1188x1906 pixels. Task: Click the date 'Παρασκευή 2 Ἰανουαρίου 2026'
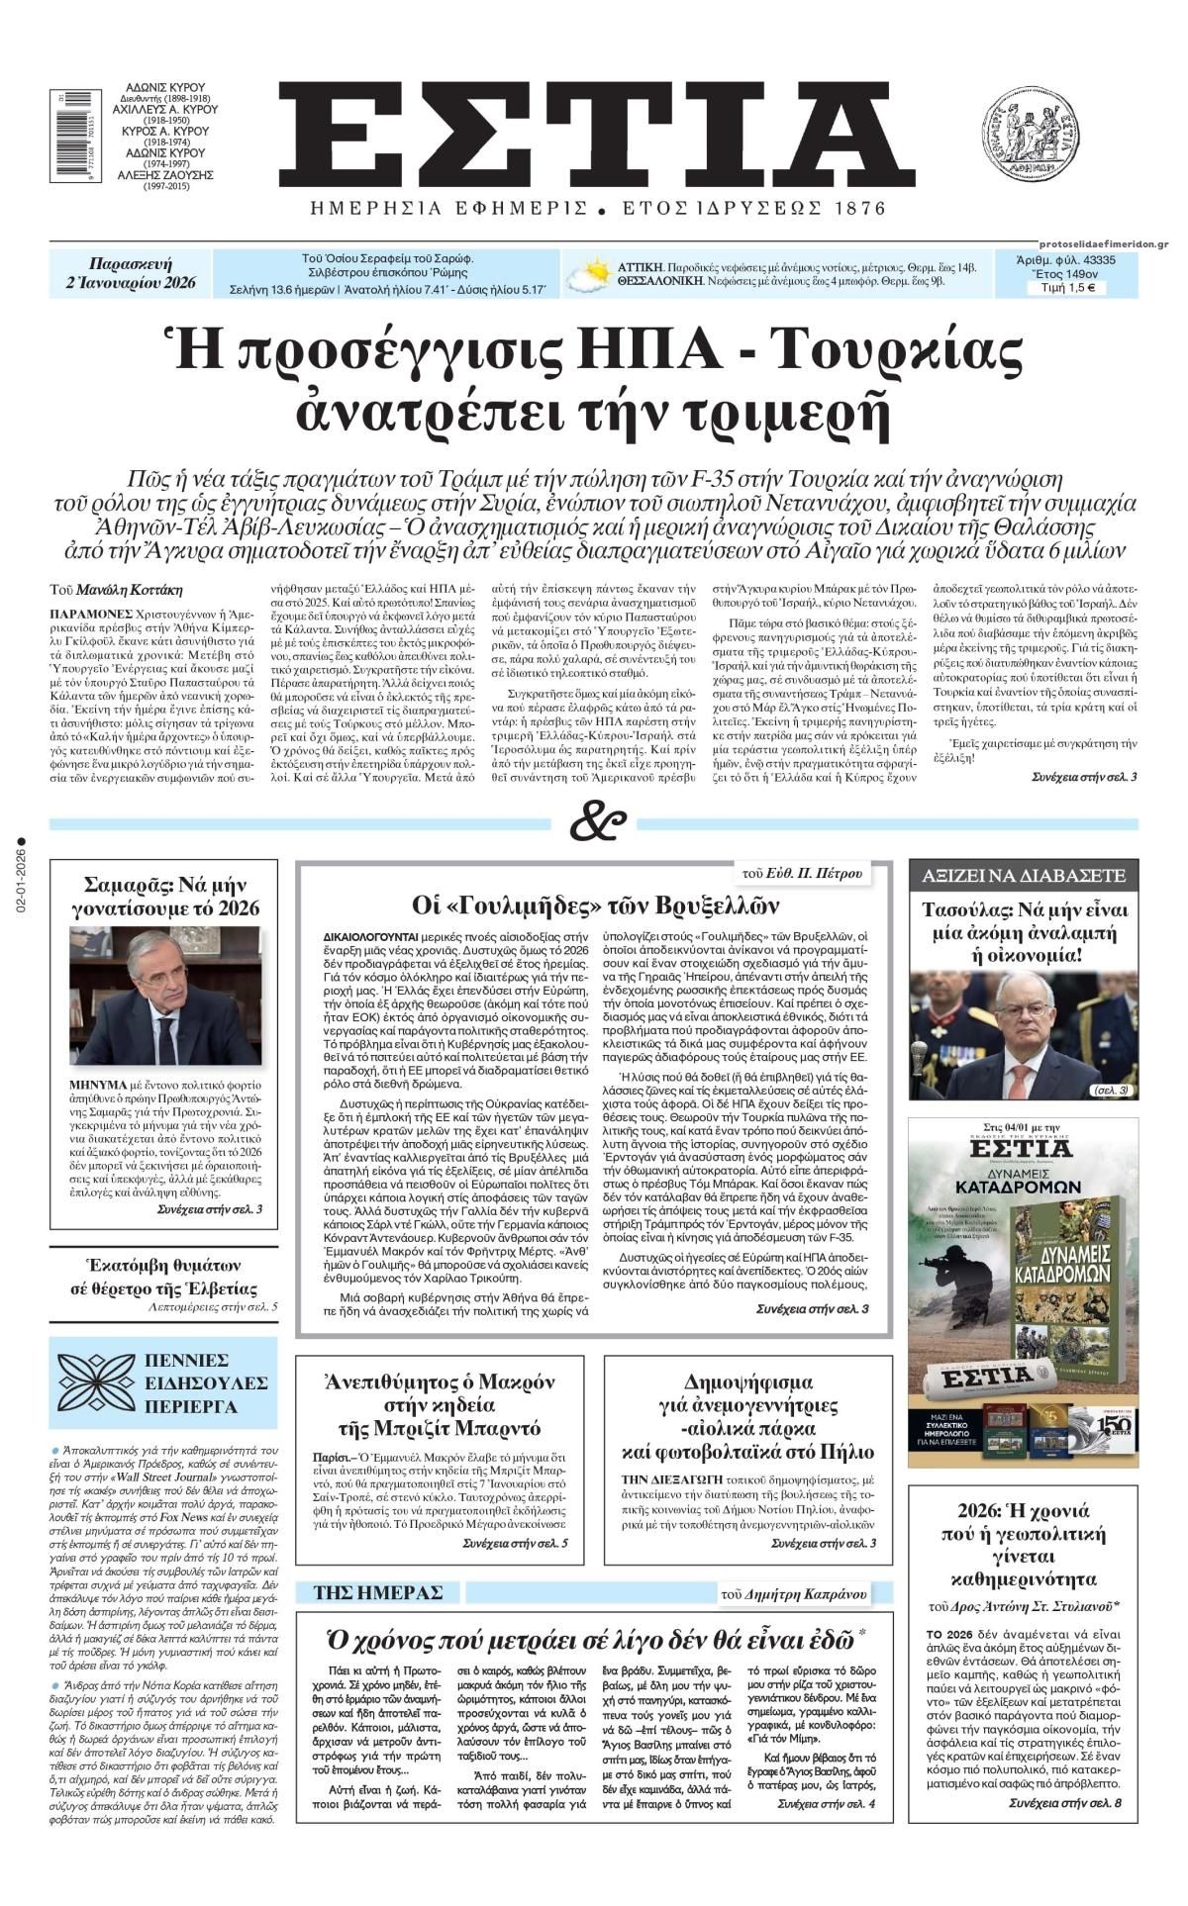click(131, 273)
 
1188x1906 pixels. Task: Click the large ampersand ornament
click(598, 820)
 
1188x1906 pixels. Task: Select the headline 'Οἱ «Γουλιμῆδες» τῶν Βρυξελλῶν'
click(596, 905)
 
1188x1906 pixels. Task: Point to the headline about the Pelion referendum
click(748, 1416)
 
